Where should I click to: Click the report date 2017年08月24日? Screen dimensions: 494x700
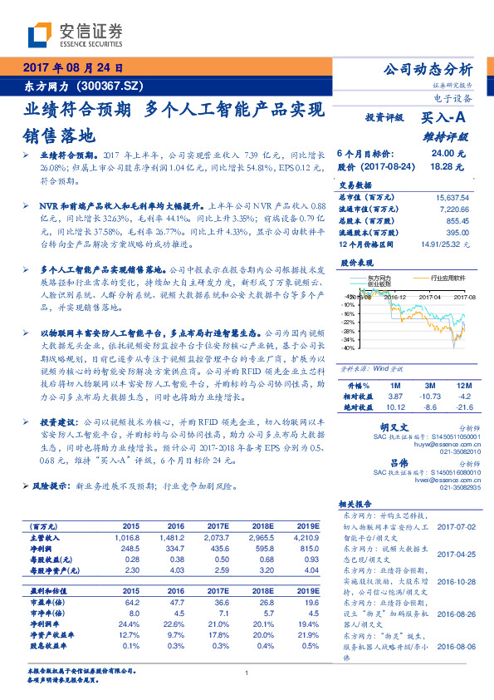coord(72,68)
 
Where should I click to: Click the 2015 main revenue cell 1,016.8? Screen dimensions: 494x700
coord(131,537)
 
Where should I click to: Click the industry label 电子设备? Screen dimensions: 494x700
coord(453,98)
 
